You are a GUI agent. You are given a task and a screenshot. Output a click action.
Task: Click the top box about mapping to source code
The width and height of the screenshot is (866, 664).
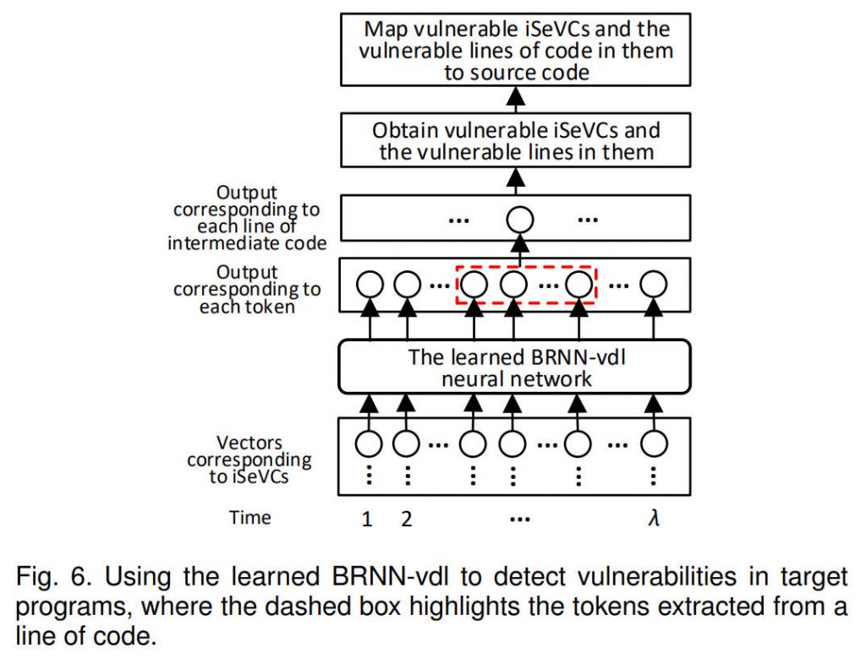[516, 49]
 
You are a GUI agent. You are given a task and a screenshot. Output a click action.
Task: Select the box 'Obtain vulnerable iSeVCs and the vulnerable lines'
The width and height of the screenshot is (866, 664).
[516, 141]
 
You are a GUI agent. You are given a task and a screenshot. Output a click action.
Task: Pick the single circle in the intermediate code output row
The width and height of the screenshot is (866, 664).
[521, 220]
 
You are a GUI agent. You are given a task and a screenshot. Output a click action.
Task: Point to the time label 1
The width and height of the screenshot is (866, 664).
[367, 519]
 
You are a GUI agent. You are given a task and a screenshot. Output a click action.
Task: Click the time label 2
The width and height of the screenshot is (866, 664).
[406, 519]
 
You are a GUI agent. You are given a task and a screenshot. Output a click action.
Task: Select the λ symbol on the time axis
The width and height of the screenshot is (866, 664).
[653, 517]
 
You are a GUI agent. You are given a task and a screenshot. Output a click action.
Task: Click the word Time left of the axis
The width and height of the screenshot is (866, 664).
[250, 517]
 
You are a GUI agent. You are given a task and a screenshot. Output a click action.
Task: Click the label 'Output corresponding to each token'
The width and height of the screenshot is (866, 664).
[247, 289]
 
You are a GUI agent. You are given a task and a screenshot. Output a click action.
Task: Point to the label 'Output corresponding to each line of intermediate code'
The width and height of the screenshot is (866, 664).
[247, 218]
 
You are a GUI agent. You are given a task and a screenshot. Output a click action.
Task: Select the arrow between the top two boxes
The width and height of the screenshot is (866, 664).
[516, 98]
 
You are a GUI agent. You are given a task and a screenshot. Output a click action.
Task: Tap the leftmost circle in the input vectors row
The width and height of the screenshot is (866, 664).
[368, 442]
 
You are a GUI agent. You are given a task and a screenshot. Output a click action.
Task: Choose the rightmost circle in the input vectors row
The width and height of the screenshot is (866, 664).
[653, 442]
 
